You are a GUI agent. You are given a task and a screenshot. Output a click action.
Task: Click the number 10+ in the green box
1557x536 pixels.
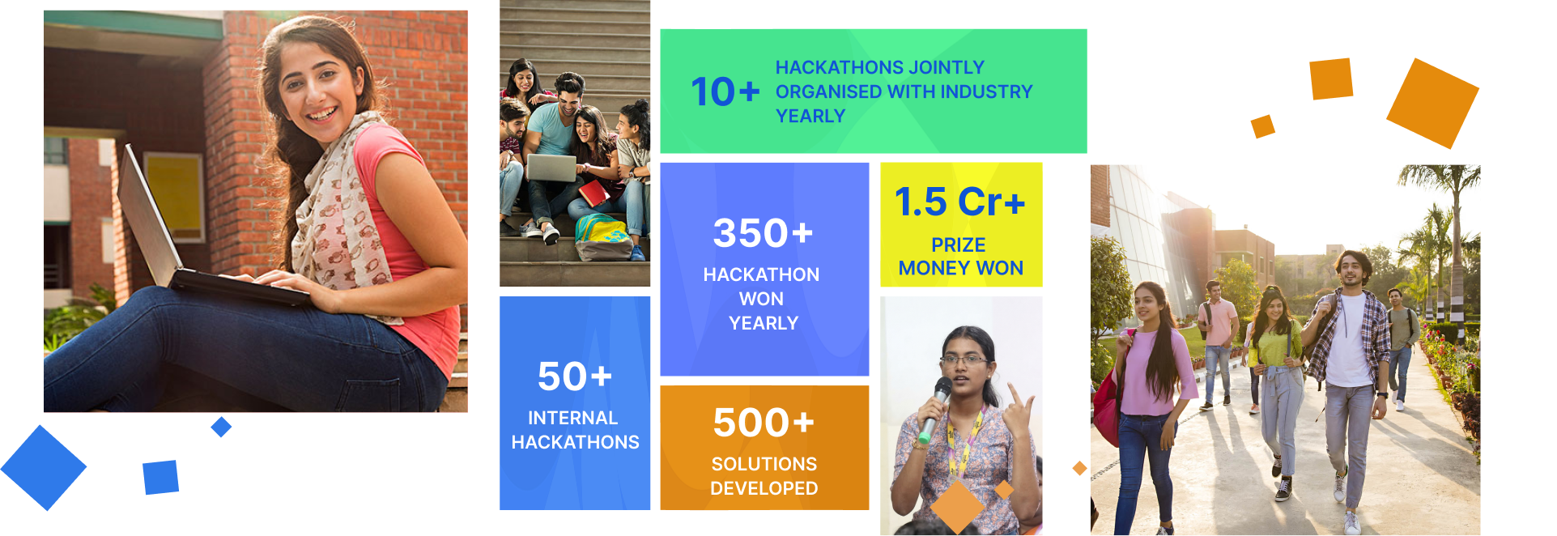pyautogui.click(x=725, y=91)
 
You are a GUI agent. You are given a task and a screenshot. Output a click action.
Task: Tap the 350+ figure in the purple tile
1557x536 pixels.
pyautogui.click(x=763, y=233)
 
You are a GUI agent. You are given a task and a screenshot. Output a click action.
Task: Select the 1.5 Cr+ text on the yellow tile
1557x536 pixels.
pyautogui.click(x=959, y=202)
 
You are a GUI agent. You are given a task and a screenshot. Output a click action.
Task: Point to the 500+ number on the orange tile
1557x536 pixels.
pyautogui.click(x=764, y=423)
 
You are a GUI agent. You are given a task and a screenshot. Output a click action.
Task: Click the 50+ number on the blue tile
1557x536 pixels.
pyautogui.click(x=575, y=376)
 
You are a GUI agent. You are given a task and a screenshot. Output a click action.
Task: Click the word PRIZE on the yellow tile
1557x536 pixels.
pyautogui.click(x=959, y=245)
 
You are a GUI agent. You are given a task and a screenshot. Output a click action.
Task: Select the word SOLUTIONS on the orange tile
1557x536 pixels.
pyautogui.click(x=764, y=464)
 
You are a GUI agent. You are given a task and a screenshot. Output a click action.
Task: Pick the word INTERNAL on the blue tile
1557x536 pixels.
pyautogui.click(x=572, y=418)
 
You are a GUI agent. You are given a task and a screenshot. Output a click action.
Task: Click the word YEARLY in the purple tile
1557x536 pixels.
pyautogui.click(x=764, y=323)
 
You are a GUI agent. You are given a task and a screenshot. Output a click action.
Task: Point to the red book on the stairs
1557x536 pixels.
pyautogui.click(x=593, y=194)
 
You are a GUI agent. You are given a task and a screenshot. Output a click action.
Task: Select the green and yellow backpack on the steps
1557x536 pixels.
pyautogui.click(x=605, y=237)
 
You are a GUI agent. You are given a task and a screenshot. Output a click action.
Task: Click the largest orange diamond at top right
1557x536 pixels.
pyautogui.click(x=1432, y=103)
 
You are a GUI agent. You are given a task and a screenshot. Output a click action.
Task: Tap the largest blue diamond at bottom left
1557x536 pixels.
pyautogui.click(x=44, y=468)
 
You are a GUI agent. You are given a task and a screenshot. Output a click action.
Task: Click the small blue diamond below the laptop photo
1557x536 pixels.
pyautogui.click(x=221, y=427)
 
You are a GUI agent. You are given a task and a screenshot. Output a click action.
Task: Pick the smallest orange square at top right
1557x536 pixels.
pyautogui.click(x=1263, y=126)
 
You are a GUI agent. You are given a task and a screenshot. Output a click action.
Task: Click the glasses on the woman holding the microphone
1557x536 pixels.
pyautogui.click(x=964, y=359)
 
